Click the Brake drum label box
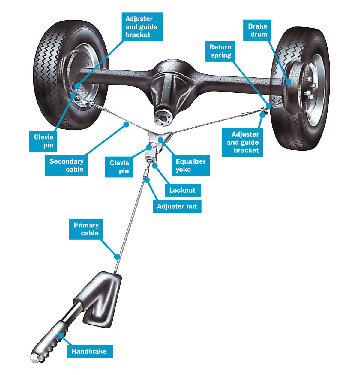[257, 30]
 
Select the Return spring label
[220, 51]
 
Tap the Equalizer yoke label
[191, 166]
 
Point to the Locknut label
[183, 190]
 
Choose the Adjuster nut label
[177, 206]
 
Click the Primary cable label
[86, 229]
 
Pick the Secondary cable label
[66, 165]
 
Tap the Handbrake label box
[89, 351]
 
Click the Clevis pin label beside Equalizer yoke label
[119, 167]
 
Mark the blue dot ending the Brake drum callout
[288, 82]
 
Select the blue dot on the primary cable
[117, 257]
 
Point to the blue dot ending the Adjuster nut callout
[146, 179]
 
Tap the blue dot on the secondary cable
[127, 124]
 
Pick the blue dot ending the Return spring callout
[269, 106]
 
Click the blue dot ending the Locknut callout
[155, 165]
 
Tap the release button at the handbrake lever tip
[34, 358]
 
